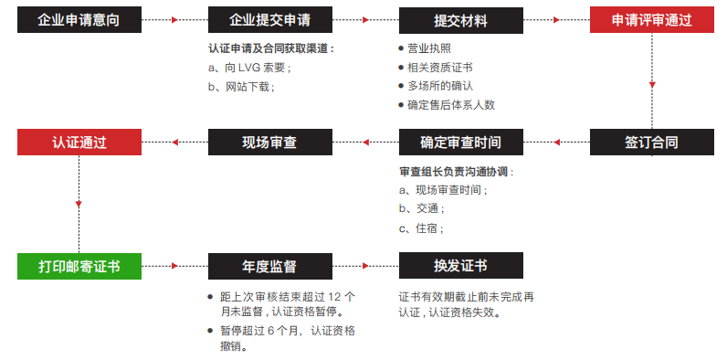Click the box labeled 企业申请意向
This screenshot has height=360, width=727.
click(79, 19)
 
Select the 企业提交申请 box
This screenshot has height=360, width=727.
click(270, 19)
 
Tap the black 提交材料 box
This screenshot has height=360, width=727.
click(460, 19)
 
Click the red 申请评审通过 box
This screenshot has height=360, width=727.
click(651, 19)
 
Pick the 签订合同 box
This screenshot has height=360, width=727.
click(651, 143)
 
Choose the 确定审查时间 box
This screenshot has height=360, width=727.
click(460, 143)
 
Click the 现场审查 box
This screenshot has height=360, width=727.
click(270, 143)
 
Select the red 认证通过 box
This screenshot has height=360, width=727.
click(79, 143)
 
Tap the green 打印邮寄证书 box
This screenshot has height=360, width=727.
click(79, 266)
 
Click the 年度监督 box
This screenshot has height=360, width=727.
click(270, 266)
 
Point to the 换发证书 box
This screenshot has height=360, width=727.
click(460, 266)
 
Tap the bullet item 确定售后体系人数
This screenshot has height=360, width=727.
click(451, 104)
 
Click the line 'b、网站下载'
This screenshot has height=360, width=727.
click(242, 86)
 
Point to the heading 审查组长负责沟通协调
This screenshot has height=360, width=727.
click(457, 172)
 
